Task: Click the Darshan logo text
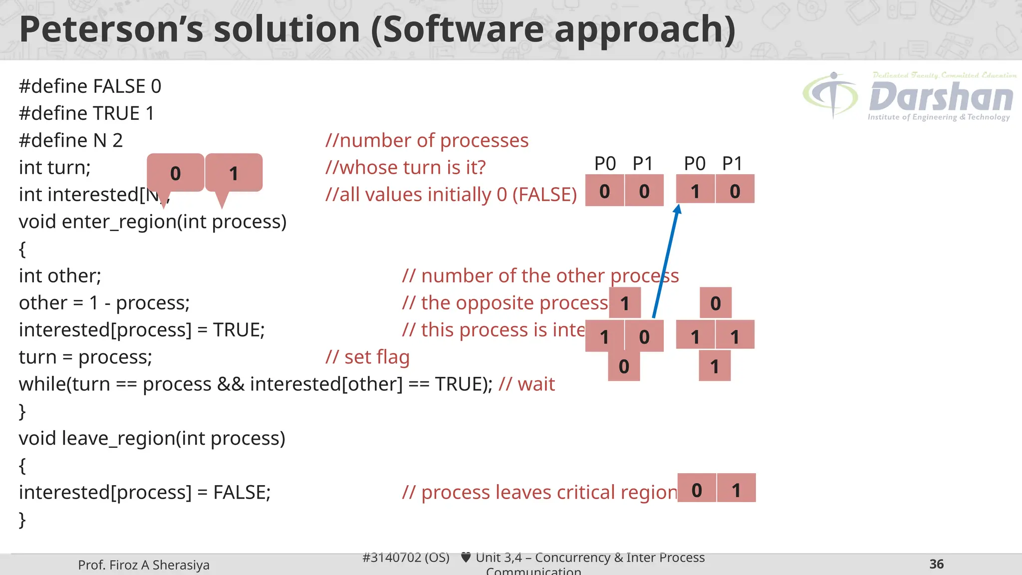[941, 97]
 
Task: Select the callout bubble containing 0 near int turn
[175, 173]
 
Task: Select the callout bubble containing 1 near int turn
[234, 173]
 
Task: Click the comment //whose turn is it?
[405, 168]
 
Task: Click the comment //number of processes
[427, 141]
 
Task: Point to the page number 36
[936, 564]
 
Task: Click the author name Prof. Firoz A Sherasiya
[144, 565]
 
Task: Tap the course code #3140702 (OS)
[406, 558]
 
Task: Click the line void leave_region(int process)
[152, 438]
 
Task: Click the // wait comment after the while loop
[526, 384]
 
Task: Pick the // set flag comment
[367, 357]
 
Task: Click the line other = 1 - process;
[104, 303]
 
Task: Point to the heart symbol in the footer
[466, 558]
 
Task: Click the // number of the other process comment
[540, 276]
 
